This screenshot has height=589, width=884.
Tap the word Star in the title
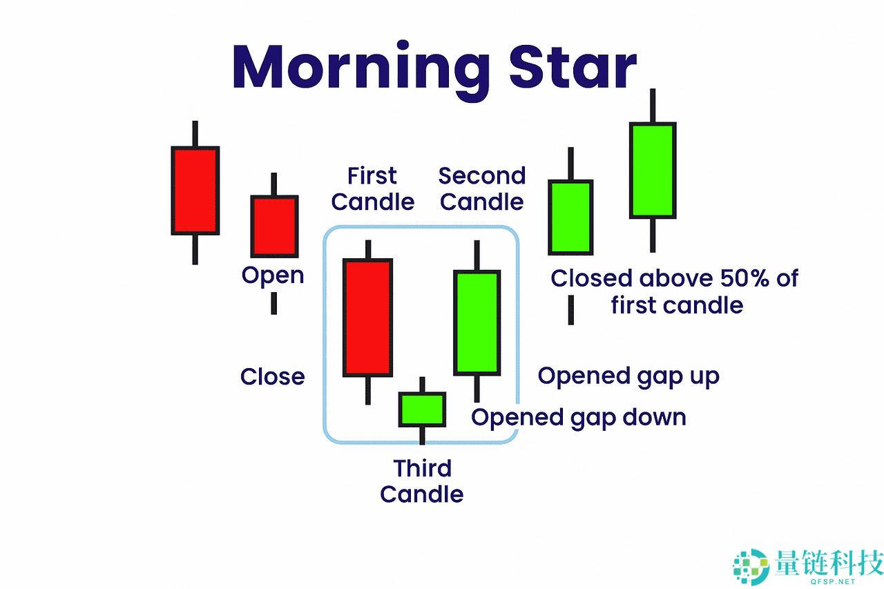coord(573,67)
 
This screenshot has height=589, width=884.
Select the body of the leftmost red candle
coord(195,191)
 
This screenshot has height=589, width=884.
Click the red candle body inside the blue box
coord(368,318)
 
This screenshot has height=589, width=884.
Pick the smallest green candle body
coord(422,409)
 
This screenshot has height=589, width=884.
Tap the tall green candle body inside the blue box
coord(477,322)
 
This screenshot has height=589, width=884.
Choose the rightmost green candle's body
coord(653,170)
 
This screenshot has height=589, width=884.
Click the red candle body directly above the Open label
coord(274,226)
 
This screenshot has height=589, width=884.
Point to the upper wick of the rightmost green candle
coord(653,106)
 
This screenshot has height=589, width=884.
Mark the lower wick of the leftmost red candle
coord(195,250)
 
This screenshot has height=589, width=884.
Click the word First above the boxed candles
coord(372,175)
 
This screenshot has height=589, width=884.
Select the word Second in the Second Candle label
coord(482,175)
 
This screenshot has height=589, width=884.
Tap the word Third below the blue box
coord(422,468)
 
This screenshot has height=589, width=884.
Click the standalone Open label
coord(273,276)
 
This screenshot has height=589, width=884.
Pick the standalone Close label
coord(272,376)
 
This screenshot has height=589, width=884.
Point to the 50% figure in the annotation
coord(744,278)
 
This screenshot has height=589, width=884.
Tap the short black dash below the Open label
coord(274,303)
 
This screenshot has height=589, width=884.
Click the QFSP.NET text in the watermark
coord(833,581)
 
